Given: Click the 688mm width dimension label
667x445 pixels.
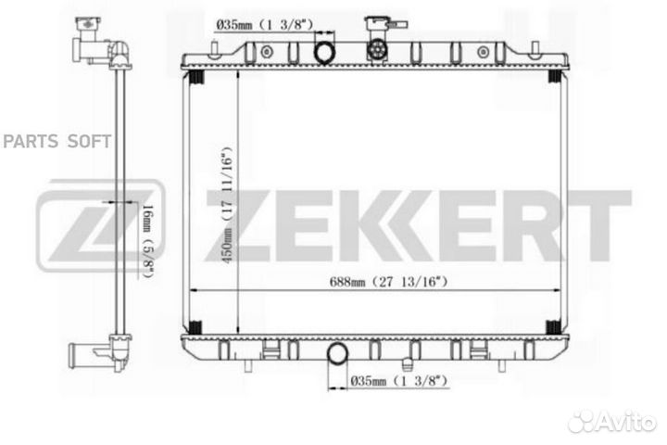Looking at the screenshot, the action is pyautogui.click(x=388, y=282).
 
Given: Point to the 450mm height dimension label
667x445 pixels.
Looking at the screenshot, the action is pyautogui.click(x=227, y=205).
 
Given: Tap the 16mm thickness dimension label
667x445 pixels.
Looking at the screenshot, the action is pyautogui.click(x=146, y=241).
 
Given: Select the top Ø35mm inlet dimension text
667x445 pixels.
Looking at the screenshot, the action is pyautogui.click(x=265, y=25).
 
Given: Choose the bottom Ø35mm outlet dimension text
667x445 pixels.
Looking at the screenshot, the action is pyautogui.click(x=399, y=380).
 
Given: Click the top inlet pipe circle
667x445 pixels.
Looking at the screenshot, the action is pyautogui.click(x=324, y=53).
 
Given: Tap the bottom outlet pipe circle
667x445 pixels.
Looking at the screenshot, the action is pyautogui.click(x=337, y=353).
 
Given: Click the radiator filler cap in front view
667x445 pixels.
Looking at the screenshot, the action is pyautogui.click(x=377, y=49).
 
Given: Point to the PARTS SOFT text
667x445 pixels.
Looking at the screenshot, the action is pyautogui.click(x=57, y=141).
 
